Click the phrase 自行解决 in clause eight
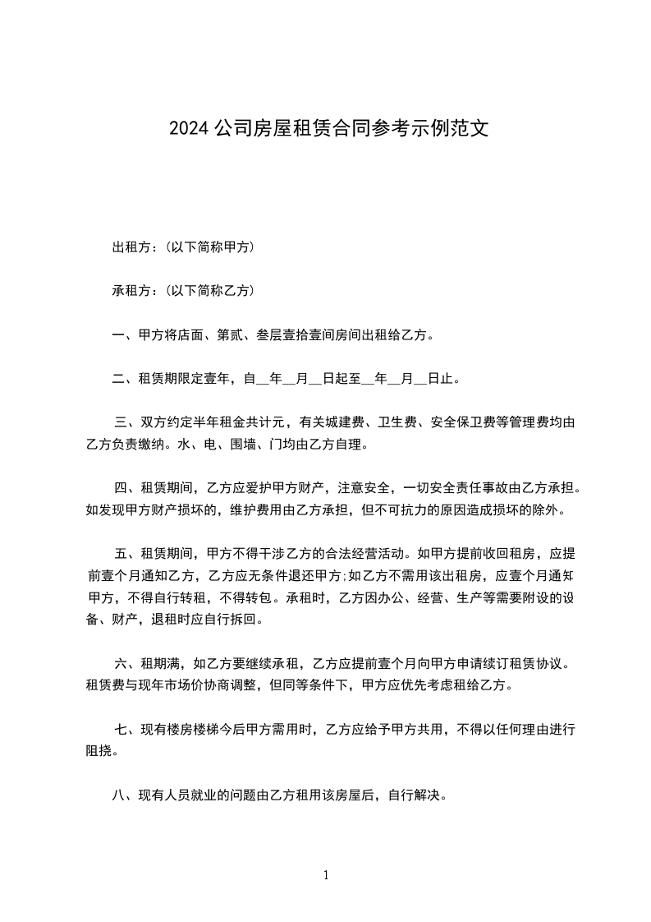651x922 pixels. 415,795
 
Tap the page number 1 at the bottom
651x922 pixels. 326,876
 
